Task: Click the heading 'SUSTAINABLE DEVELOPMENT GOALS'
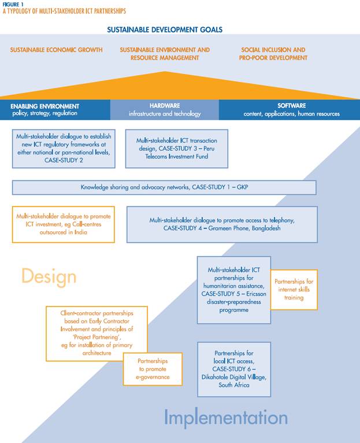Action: pyautogui.click(x=165, y=29)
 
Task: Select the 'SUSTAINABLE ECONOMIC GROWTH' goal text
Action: pyautogui.click(x=56, y=50)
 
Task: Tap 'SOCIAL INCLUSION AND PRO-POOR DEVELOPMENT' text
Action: pyautogui.click(x=274, y=54)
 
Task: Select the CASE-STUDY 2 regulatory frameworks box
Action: pyautogui.click(x=64, y=148)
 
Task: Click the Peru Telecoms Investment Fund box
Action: pyautogui.click(x=176, y=148)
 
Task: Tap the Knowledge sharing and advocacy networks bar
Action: pyautogui.click(x=164, y=187)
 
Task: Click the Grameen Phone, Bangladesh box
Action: pyautogui.click(x=222, y=224)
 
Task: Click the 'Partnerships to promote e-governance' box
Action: pyautogui.click(x=153, y=368)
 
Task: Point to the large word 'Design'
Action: pyautogui.click(x=49, y=276)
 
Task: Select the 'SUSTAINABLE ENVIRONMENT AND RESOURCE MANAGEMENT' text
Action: pyautogui.click(x=165, y=54)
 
